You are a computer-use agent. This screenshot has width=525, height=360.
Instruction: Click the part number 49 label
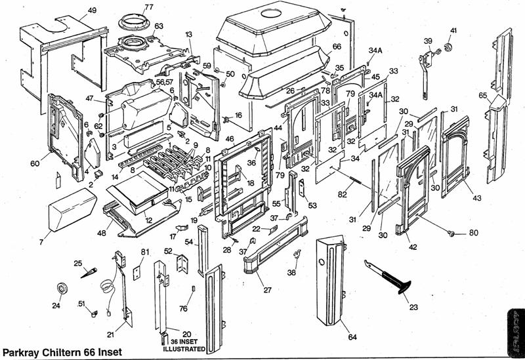[91, 10]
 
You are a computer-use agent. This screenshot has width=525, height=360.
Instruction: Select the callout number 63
[159, 26]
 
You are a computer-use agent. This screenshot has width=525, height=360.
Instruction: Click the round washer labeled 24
[64, 289]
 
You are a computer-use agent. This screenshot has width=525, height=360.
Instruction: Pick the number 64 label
[352, 337]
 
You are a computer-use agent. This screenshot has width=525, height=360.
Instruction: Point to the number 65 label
[483, 96]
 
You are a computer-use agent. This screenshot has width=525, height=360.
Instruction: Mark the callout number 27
[267, 289]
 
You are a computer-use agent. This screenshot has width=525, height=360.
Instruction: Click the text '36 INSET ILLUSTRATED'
[184, 344]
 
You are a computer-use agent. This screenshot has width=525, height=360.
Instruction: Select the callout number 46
[230, 140]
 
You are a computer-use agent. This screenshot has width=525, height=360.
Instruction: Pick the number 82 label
[342, 195]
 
